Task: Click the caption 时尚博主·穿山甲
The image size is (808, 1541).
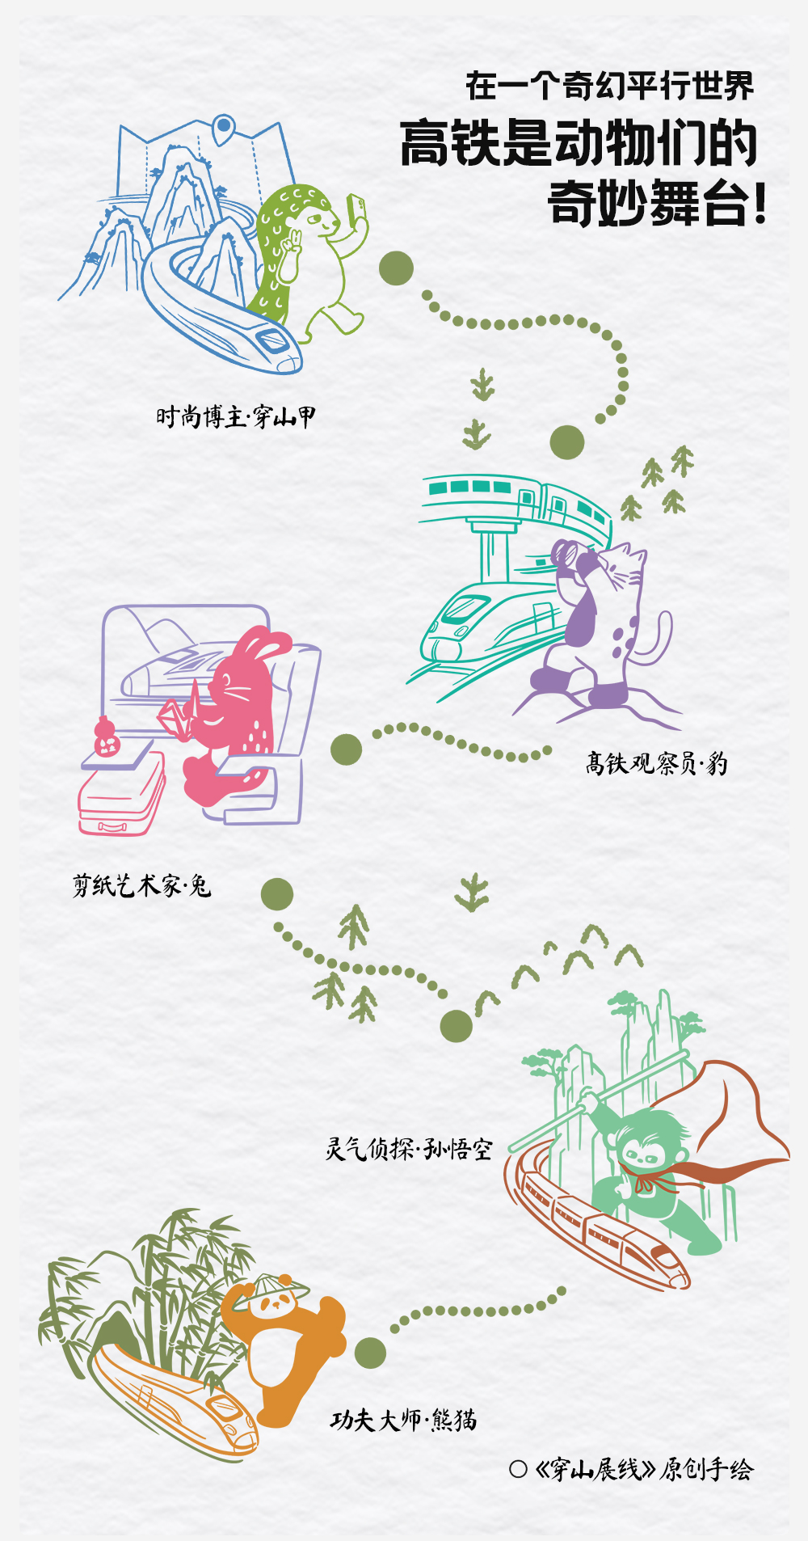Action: click(235, 417)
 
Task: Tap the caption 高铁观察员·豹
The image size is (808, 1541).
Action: click(656, 763)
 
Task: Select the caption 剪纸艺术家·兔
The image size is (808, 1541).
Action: click(142, 886)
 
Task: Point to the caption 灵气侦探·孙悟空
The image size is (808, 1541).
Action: click(408, 1148)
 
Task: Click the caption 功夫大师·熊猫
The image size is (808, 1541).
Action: click(403, 1420)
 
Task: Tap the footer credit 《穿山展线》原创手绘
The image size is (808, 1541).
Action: click(643, 1469)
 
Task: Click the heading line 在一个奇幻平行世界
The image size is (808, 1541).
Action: click(609, 86)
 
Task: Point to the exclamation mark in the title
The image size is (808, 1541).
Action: click(759, 204)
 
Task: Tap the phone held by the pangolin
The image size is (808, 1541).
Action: click(355, 207)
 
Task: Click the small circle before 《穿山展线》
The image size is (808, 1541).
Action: click(518, 1469)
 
